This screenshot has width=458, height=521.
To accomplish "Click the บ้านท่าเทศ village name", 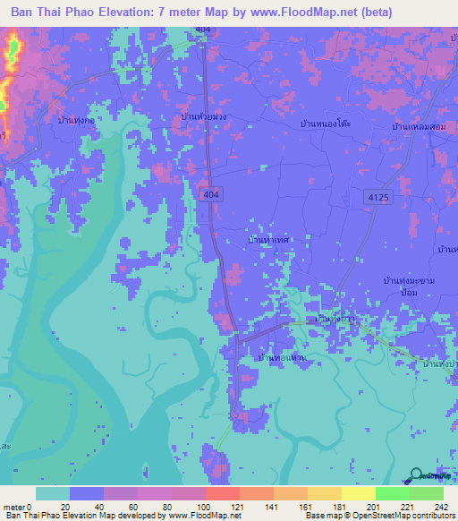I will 267,242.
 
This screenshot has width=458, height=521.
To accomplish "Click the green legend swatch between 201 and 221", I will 393,493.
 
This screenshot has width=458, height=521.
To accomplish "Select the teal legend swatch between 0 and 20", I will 53,493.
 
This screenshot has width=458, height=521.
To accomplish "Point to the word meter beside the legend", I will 14,508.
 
